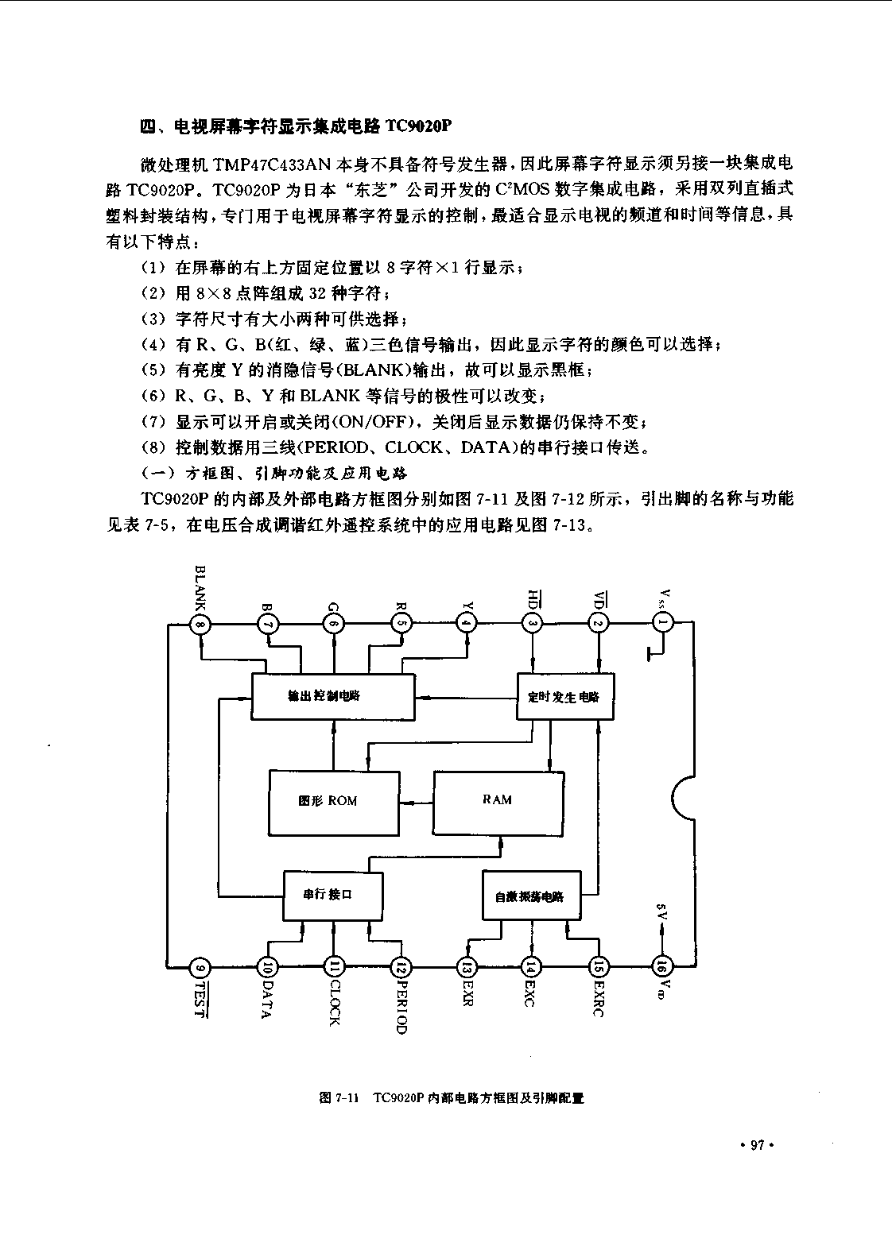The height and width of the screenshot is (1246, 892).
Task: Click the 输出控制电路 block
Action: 333,696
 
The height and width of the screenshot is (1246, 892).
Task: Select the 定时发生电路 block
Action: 565,696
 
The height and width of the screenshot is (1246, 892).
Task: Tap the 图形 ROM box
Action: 334,803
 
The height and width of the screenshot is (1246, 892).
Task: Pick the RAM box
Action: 498,803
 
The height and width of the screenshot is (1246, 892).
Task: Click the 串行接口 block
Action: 333,896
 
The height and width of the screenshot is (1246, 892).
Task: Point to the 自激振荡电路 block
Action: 531,896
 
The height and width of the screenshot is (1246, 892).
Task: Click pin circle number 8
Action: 200,624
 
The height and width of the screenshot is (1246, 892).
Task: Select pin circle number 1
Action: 662,622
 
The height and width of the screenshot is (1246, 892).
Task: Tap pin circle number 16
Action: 661,966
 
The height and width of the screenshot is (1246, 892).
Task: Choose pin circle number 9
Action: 200,968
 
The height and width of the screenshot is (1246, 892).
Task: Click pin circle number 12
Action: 401,968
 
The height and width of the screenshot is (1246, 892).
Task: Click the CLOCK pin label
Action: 335,1002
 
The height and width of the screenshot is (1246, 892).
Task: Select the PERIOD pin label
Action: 401,1006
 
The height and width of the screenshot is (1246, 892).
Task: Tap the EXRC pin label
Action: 598,997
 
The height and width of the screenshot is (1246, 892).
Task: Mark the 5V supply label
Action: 661,911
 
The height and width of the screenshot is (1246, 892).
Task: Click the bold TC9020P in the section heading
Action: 417,127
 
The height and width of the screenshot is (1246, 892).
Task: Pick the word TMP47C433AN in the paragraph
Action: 272,165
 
